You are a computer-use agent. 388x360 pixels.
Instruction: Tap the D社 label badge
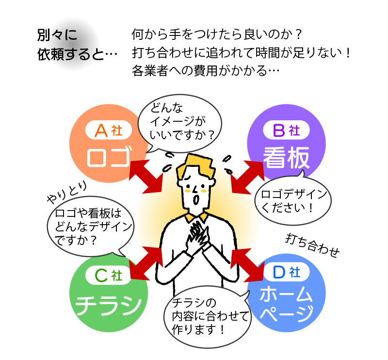click(x=287, y=273)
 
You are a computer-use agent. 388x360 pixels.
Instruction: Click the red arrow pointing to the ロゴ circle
click(x=147, y=175)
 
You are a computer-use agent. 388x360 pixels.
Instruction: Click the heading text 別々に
click(x=57, y=35)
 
